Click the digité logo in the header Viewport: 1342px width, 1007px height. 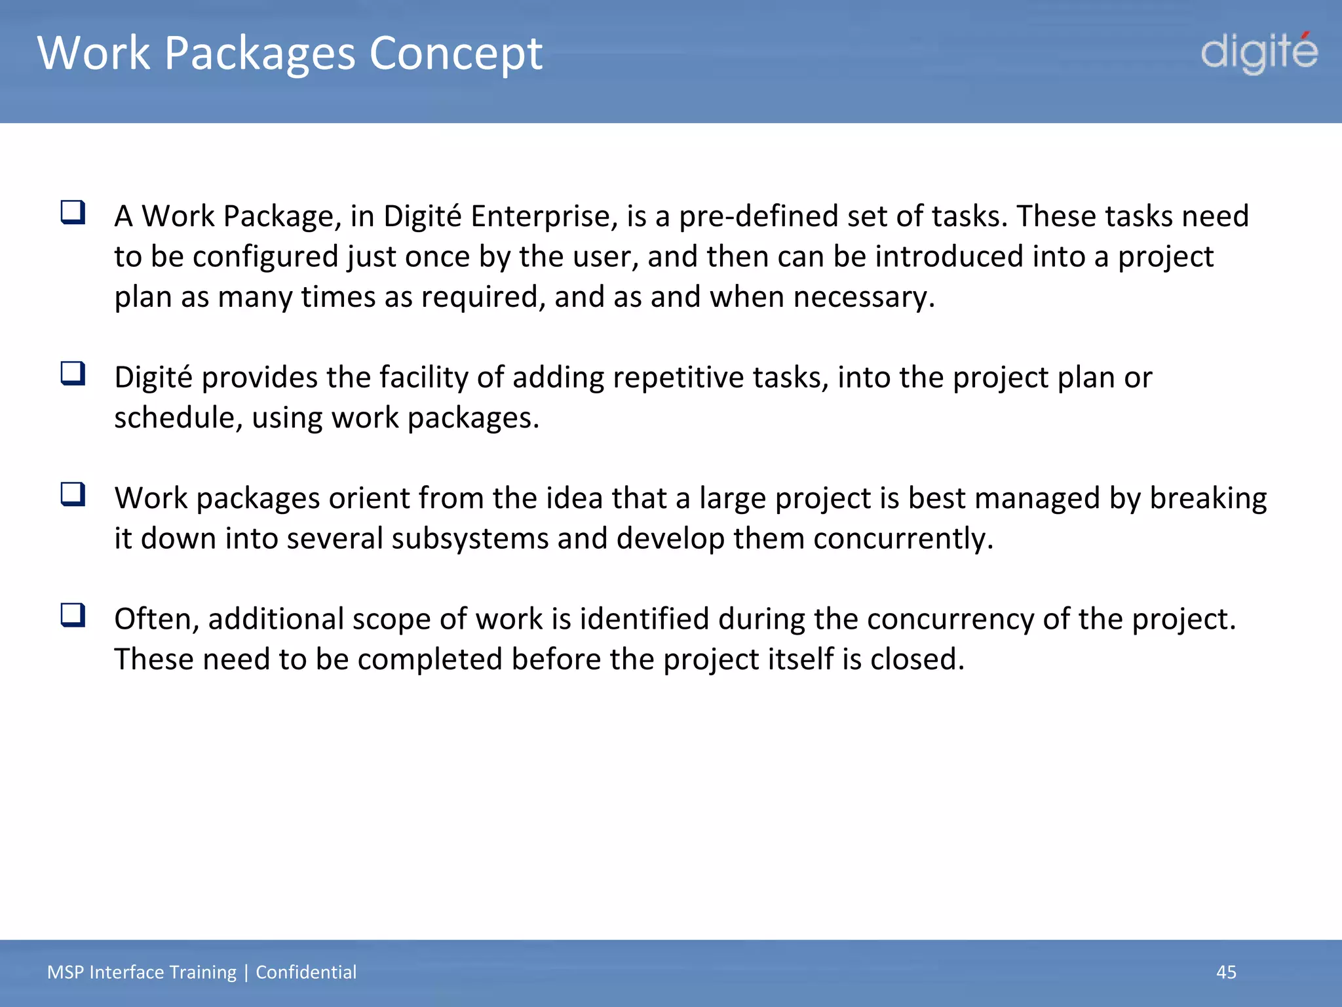coord(1259,52)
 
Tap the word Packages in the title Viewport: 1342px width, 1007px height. coord(259,53)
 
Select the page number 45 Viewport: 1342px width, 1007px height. coord(1226,972)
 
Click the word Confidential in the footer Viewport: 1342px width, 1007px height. coord(306,972)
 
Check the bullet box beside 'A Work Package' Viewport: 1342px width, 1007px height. coord(73,212)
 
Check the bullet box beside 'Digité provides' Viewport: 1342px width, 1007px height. coord(73,374)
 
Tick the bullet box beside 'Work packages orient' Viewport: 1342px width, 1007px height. coord(73,494)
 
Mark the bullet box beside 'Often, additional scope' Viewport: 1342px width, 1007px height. coord(73,615)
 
